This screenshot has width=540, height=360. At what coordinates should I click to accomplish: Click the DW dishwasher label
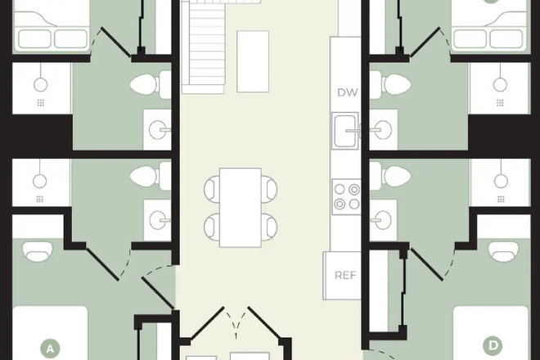click(348, 92)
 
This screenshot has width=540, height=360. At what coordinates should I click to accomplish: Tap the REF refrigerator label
click(345, 275)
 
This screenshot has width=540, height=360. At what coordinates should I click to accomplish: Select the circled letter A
click(50, 349)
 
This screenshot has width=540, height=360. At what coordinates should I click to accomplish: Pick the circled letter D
click(493, 345)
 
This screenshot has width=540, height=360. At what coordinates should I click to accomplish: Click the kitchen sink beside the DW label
click(345, 131)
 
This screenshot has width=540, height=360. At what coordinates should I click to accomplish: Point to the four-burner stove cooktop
click(347, 196)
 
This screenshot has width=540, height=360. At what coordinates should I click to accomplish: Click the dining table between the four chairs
click(241, 207)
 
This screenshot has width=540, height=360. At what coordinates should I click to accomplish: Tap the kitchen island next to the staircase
click(253, 61)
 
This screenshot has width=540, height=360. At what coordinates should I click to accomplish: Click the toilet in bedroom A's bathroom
click(151, 176)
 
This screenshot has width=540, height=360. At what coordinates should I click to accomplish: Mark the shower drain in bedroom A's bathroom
click(39, 199)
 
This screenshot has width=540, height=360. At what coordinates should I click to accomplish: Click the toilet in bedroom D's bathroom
click(390, 176)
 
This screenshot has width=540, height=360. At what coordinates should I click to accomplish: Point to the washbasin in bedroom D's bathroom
click(382, 220)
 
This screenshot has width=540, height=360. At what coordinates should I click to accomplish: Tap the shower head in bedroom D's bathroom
click(501, 181)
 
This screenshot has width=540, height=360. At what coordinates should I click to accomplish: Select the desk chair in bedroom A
click(38, 251)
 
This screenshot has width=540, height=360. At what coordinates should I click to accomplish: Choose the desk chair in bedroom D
click(503, 251)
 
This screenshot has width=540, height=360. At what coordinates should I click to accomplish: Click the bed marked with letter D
click(490, 333)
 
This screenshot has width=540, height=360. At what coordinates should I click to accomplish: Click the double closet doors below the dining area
click(236, 322)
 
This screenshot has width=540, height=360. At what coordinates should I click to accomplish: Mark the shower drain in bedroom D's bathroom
click(501, 199)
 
